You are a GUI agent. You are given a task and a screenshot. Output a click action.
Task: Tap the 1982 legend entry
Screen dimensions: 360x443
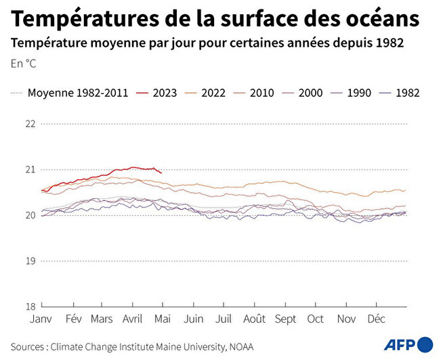pyautogui.click(x=407, y=93)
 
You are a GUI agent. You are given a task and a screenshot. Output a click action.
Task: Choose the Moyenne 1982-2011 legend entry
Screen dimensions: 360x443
pyautogui.click(x=77, y=93)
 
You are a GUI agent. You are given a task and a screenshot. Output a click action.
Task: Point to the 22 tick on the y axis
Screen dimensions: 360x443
pyautogui.click(x=30, y=124)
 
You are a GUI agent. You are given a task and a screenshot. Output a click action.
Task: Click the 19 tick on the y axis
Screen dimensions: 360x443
pyautogui.click(x=30, y=261)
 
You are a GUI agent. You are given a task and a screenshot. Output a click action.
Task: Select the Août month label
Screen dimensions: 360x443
pyautogui.click(x=254, y=319)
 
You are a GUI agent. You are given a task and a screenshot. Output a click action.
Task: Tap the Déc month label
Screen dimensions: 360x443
pyautogui.click(x=376, y=319)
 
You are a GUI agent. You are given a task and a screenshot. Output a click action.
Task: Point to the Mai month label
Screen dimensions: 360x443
pyautogui.click(x=163, y=319)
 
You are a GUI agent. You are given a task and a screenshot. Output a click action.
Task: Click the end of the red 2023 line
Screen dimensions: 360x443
pyautogui.click(x=161, y=173)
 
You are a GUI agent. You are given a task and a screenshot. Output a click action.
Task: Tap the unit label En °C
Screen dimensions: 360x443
pyautogui.click(x=24, y=64)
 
